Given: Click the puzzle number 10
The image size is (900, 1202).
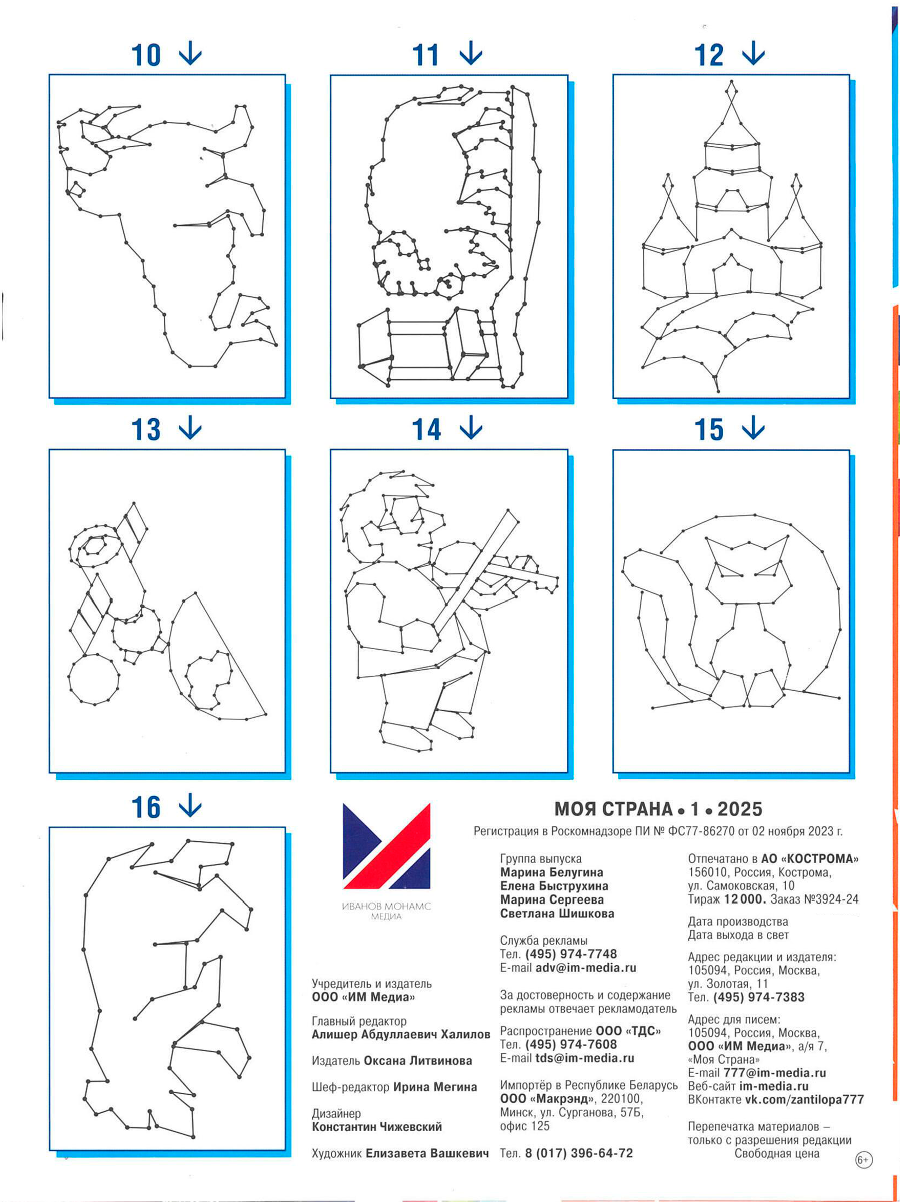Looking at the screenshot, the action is click(x=146, y=55).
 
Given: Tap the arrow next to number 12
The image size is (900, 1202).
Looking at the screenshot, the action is click(x=753, y=53).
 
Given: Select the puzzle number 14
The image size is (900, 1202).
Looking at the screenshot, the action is click(x=427, y=430).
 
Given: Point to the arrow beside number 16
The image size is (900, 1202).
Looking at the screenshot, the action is click(x=190, y=805).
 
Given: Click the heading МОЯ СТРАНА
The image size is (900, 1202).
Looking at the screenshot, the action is click(x=613, y=809).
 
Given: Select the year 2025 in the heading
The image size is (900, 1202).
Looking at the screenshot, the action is click(x=740, y=809).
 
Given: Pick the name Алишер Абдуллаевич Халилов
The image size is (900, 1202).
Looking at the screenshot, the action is click(x=401, y=1034).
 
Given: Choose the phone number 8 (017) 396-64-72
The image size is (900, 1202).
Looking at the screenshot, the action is click(x=579, y=1153).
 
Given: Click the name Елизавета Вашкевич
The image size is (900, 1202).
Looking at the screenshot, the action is click(x=427, y=1153).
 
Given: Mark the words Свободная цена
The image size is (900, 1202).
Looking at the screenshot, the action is click(x=777, y=1153).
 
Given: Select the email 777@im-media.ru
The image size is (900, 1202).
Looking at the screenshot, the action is click(x=774, y=1073).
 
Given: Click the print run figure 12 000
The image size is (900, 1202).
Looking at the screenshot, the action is click(x=745, y=899).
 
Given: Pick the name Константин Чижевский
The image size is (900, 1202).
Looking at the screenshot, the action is click(x=377, y=1126).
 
